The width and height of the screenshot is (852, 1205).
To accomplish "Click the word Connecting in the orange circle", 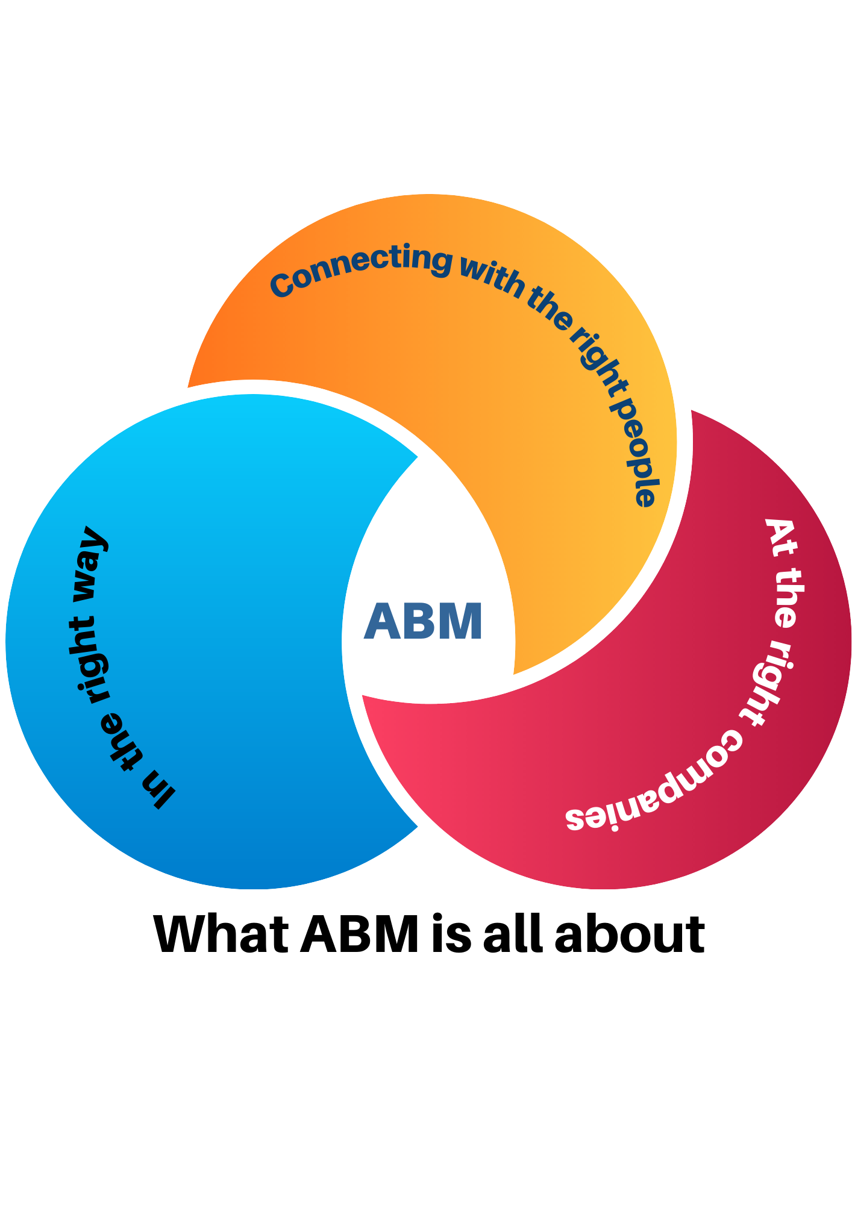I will [360, 269].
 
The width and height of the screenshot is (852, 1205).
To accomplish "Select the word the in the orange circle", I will [550, 309].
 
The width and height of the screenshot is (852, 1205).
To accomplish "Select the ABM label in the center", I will [424, 621].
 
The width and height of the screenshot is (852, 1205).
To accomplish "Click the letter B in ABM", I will [421, 621].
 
